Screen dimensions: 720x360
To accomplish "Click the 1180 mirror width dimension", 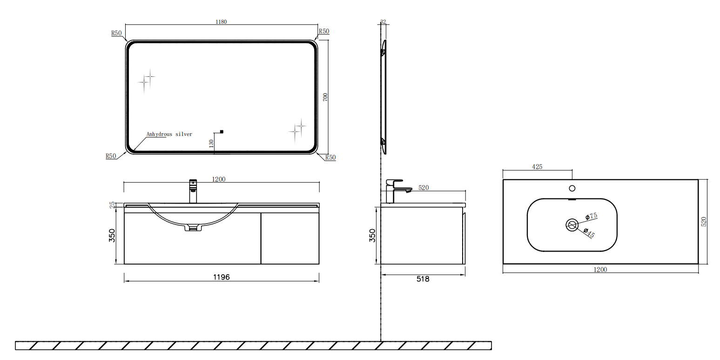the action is click(221, 22).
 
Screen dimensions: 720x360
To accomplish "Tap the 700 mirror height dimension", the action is click(325, 97).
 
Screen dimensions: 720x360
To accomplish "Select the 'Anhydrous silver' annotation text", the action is click(169, 134).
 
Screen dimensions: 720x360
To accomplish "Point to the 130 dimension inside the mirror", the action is click(211, 143).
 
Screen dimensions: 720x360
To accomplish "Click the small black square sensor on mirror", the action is click(222, 132).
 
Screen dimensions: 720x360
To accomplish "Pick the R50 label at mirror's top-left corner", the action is click(116, 33).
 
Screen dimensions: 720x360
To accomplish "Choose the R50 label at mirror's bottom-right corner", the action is click(330, 157).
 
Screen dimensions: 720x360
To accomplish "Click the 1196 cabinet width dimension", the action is click(222, 277).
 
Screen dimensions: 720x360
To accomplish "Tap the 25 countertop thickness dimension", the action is click(112, 205).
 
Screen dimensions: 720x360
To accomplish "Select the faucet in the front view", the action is click(193, 191).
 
